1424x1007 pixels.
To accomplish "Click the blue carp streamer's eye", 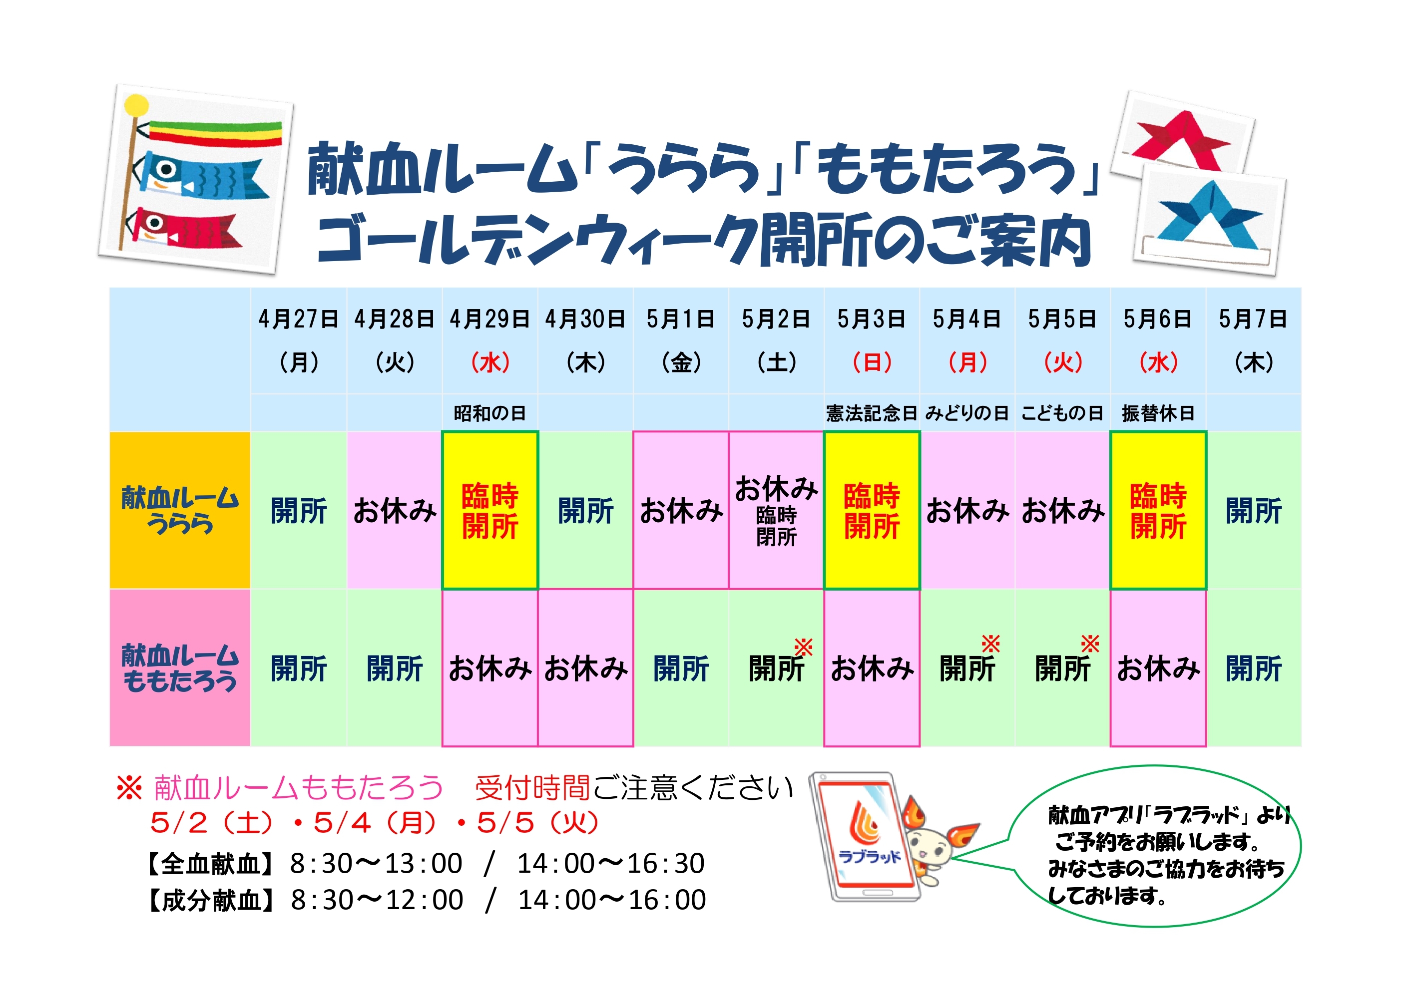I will tap(166, 169).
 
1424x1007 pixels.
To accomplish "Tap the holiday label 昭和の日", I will tap(489, 413).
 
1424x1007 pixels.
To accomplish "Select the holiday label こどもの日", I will tap(1062, 413).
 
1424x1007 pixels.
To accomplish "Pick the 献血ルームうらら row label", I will tap(180, 510).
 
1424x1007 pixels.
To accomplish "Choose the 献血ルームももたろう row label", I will tap(180, 668).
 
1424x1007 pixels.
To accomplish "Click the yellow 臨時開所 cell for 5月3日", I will tap(872, 510).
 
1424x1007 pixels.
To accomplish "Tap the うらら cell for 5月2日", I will tap(776, 510).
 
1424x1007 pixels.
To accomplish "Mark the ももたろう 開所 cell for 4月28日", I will tap(395, 669).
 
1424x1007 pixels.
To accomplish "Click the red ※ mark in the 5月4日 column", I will tap(990, 644).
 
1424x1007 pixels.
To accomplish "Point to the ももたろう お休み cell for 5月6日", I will tap(1158, 669).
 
